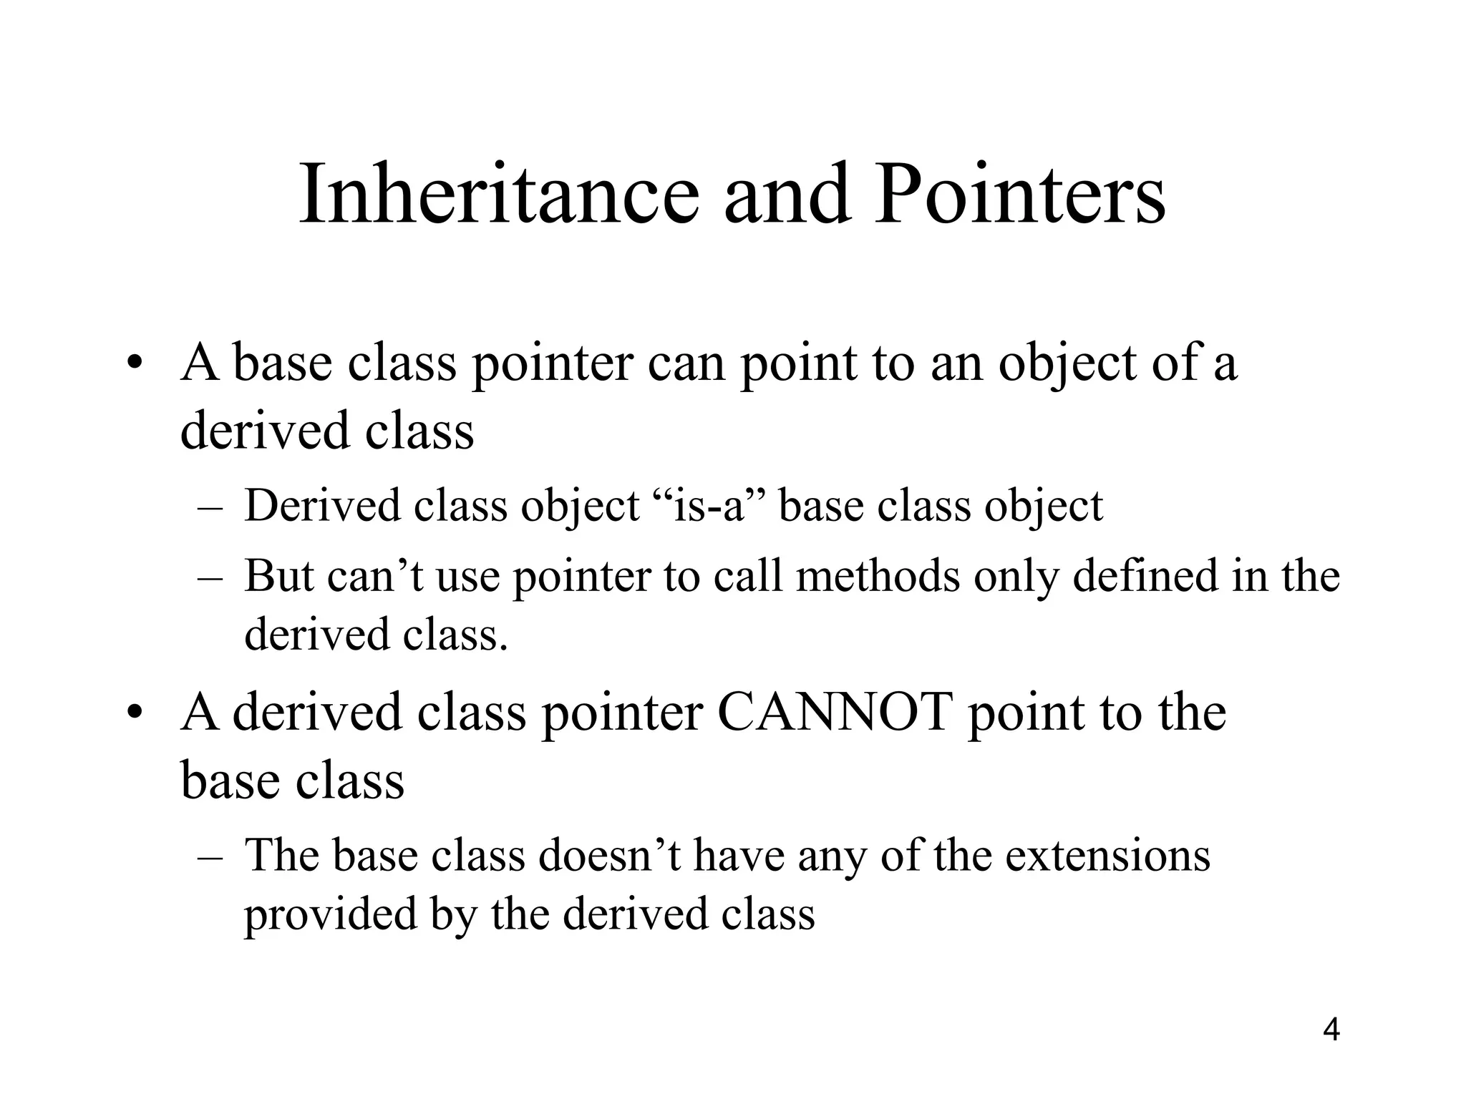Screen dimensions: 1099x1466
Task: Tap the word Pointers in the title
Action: click(x=1019, y=195)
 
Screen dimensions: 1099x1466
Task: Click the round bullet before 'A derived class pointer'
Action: click(x=134, y=713)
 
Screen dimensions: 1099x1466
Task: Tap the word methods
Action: click(x=878, y=575)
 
